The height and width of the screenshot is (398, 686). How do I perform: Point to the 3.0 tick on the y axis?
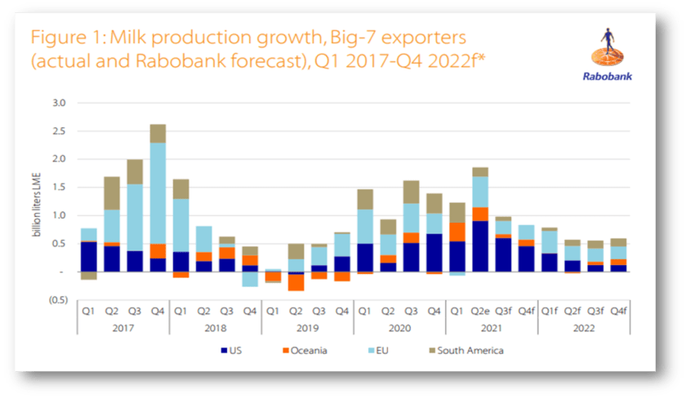coord(59,104)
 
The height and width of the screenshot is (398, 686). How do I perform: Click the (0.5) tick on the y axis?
coord(57,299)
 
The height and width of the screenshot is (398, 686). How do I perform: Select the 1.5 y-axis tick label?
coord(59,188)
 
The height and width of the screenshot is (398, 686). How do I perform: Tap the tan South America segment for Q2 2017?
coord(111,193)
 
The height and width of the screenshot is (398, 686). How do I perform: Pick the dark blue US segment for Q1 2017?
coord(88,256)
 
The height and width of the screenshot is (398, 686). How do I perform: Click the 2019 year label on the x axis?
coord(307,327)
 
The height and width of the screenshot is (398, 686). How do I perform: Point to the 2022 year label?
coord(583,327)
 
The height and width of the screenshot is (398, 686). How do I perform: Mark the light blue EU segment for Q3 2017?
coord(135,217)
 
